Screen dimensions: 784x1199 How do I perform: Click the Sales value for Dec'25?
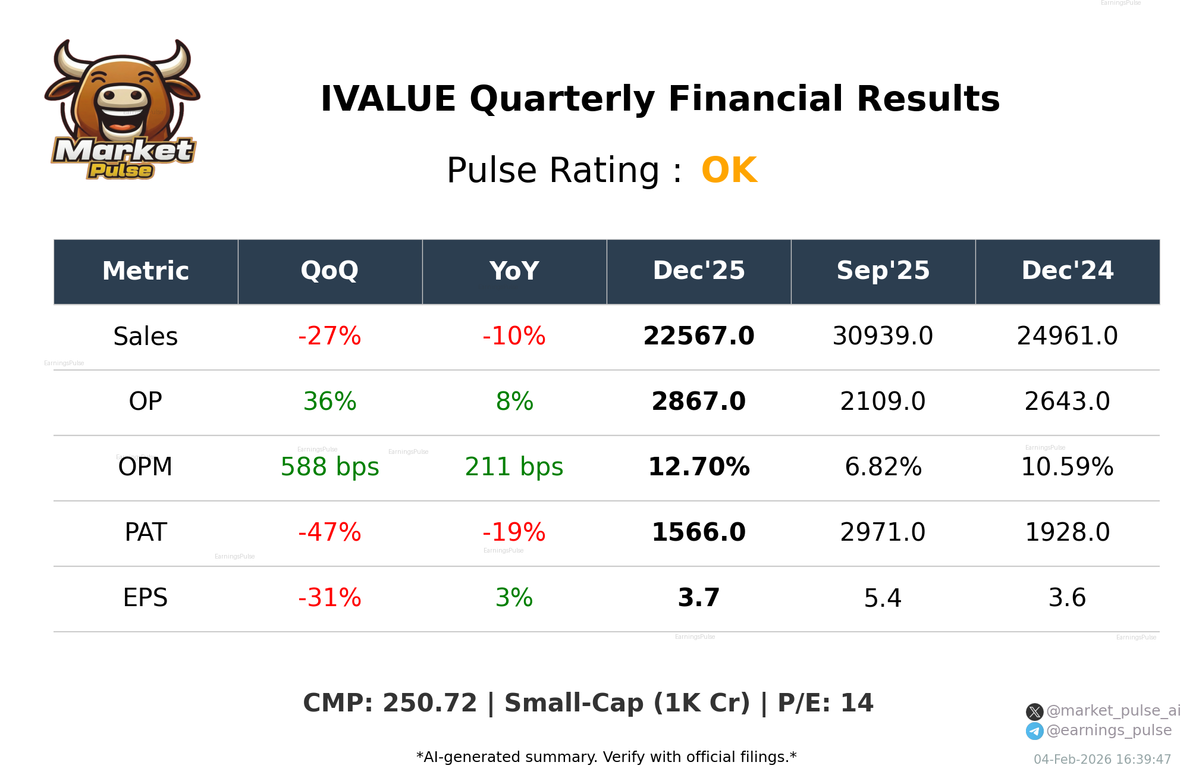coord(698,336)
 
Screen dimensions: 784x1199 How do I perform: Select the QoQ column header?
coord(329,271)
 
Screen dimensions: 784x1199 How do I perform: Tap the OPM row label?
coord(145,467)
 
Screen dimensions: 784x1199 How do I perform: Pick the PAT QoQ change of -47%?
coord(329,532)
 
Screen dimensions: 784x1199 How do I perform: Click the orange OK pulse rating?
coord(729,171)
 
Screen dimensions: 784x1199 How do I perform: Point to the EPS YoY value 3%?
coord(514,598)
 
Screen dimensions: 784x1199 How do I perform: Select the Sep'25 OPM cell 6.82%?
coord(883,467)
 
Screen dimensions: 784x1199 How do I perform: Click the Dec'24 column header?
coord(1067,271)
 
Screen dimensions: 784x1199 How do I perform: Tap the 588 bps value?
coord(329,467)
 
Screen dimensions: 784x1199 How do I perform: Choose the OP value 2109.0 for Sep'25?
coord(883,402)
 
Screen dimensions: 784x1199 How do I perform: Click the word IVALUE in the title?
coord(388,99)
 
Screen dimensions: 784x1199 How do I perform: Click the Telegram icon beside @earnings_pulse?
coord(1034,731)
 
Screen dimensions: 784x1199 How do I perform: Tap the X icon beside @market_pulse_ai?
coord(1034,711)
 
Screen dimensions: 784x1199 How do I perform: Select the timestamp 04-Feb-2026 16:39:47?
coord(1102,760)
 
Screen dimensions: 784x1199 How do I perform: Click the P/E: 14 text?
coord(826,703)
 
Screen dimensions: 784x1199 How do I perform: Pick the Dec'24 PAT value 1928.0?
coord(1067,532)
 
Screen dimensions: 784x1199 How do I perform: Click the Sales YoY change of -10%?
coord(514,336)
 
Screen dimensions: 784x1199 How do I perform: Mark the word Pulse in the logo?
coord(121,171)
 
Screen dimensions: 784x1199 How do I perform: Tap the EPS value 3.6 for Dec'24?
coord(1067,598)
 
